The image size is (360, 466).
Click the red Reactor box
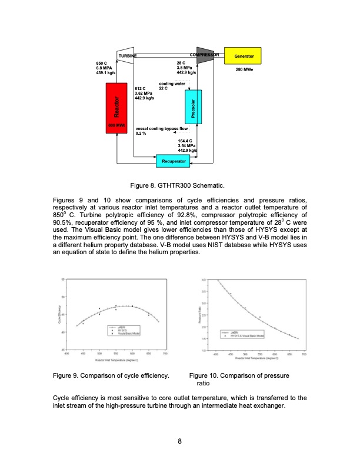118,108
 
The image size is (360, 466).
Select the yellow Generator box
244,56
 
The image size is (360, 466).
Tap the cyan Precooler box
194,111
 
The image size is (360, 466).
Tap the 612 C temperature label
141,88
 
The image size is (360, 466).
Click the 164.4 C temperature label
185,141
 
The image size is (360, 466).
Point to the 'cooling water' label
172,84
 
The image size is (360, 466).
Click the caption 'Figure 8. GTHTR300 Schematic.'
179,185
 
